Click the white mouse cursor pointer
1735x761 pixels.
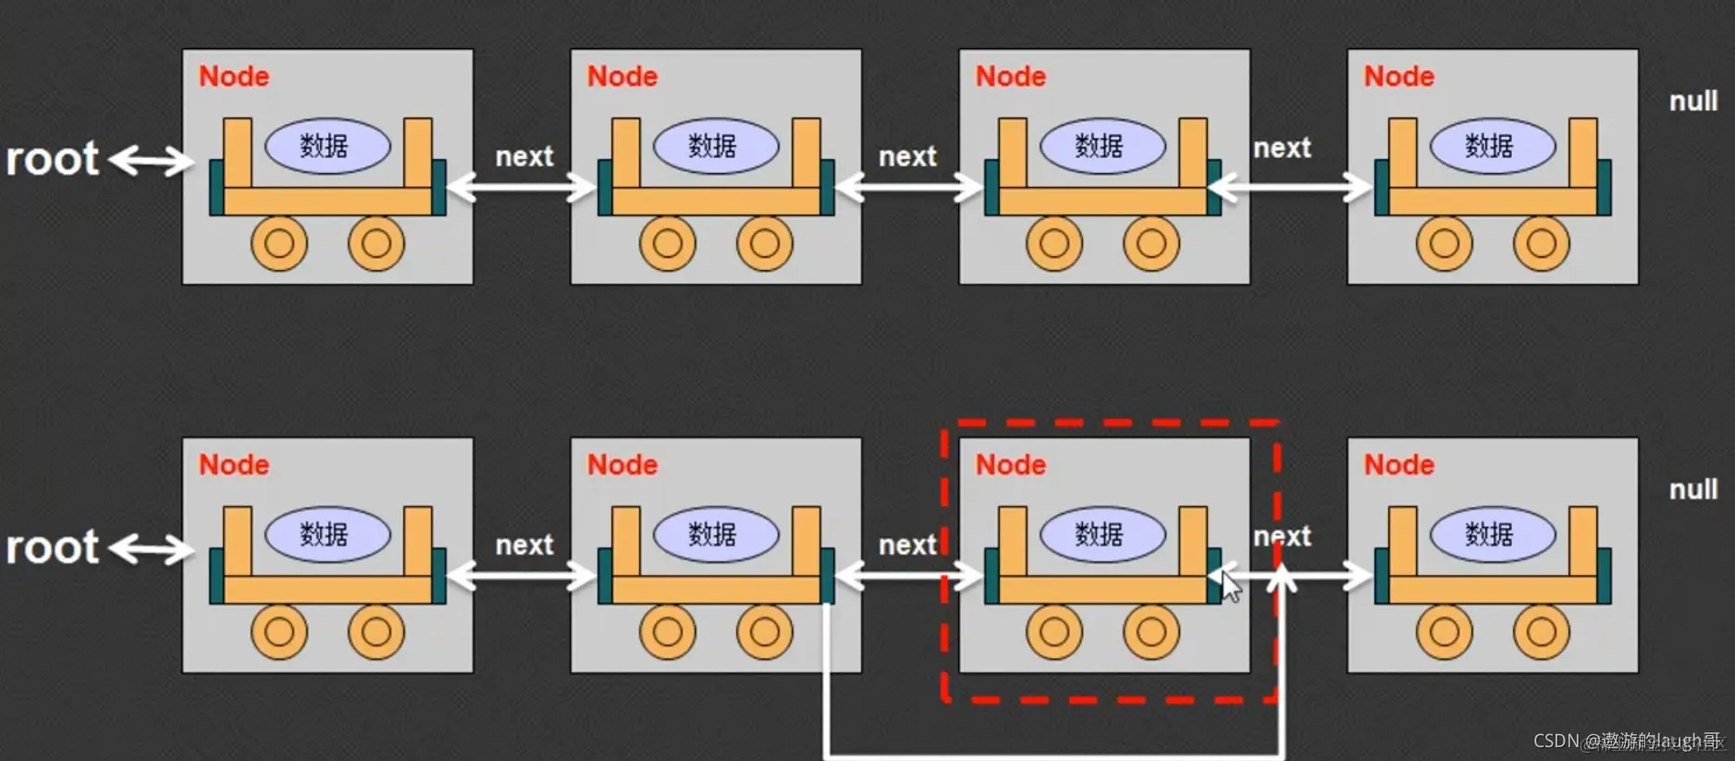(1231, 587)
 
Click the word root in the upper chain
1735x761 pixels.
(52, 159)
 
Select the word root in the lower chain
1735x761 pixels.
(52, 547)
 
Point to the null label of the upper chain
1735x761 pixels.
(1692, 101)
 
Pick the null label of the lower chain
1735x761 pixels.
(1692, 489)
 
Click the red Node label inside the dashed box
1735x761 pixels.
(1010, 464)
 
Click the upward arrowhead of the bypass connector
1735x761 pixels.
(1282, 578)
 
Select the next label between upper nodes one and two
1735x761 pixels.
(524, 156)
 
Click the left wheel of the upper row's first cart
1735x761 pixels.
(279, 243)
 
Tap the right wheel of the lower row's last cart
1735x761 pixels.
(1541, 632)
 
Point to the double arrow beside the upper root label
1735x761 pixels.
(152, 161)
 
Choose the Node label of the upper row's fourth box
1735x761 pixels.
(1398, 76)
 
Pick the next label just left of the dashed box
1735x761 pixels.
(907, 545)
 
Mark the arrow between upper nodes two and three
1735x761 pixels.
(908, 188)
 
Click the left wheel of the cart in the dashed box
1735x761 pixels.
(1054, 632)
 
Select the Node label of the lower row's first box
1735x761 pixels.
(234, 464)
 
